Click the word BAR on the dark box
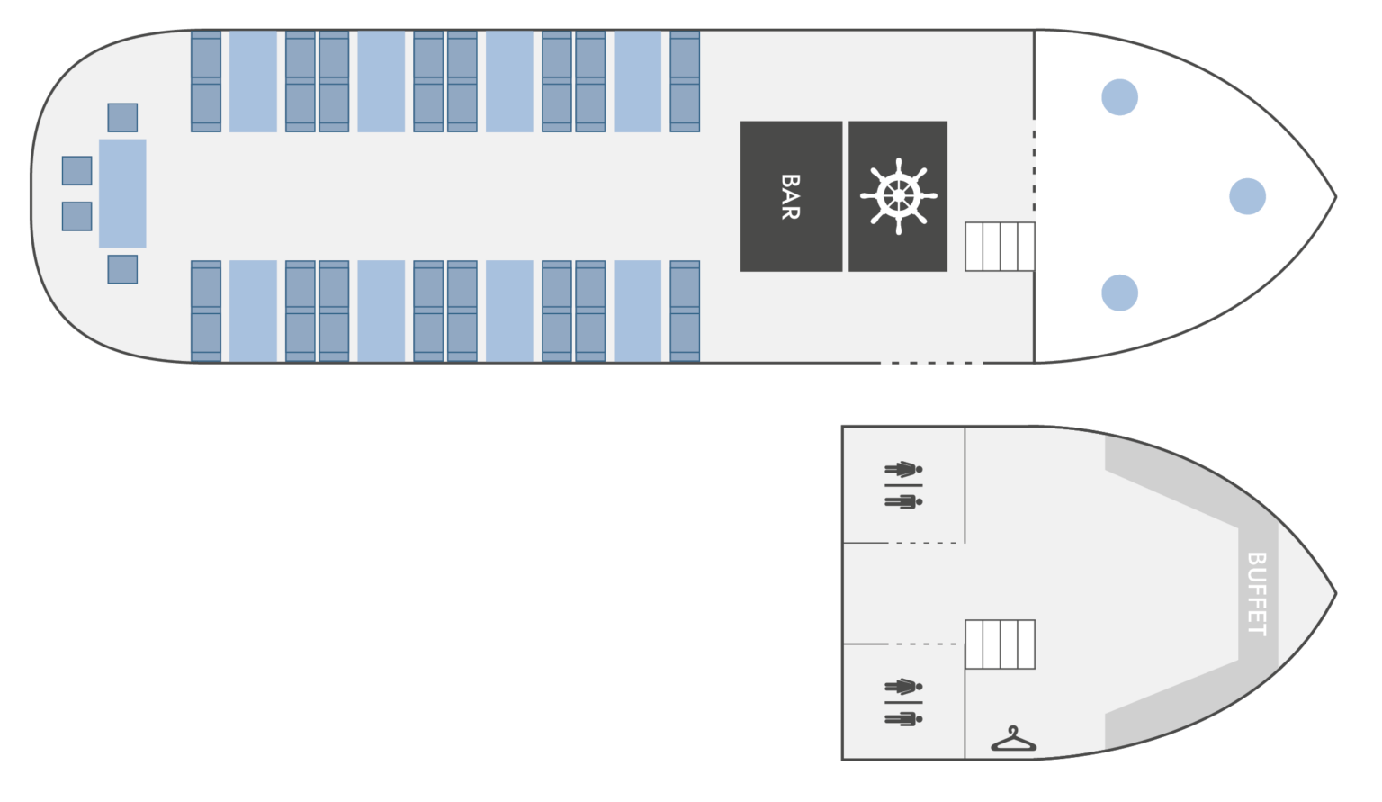click(x=790, y=196)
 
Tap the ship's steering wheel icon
click(x=898, y=196)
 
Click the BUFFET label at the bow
click(x=1257, y=593)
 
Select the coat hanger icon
click(x=1013, y=740)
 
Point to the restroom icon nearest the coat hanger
click(x=903, y=702)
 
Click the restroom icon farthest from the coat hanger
click(x=903, y=485)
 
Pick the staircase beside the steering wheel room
click(x=1000, y=246)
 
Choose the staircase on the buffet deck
click(x=1000, y=644)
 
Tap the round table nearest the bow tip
click(x=1247, y=196)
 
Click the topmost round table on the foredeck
click(x=1119, y=97)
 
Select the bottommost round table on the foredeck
click(x=1119, y=293)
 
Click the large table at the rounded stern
click(x=122, y=194)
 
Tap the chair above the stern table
click(x=122, y=117)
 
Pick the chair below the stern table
click(x=122, y=269)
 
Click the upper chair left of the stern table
click(x=76, y=170)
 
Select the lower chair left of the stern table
click(x=76, y=216)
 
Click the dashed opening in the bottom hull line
click(x=931, y=363)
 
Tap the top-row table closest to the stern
click(x=253, y=81)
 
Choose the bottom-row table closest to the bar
click(x=637, y=311)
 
